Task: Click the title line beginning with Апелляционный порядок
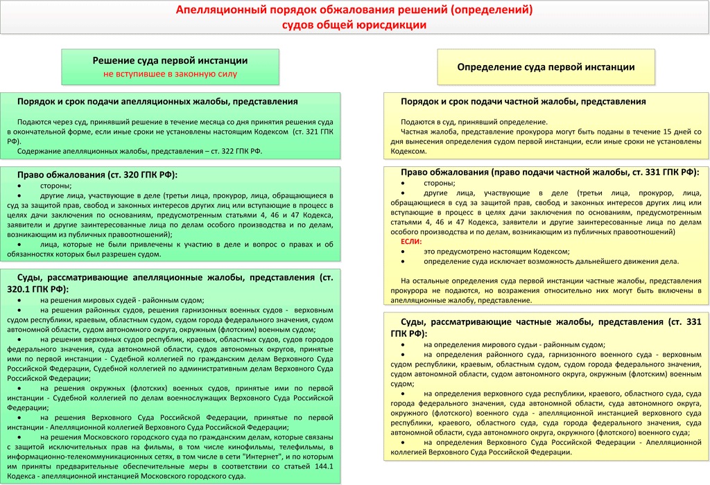[354, 10]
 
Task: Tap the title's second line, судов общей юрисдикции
[354, 25]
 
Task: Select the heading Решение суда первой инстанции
[170, 61]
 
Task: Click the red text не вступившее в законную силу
[170, 73]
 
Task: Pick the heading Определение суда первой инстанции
[546, 67]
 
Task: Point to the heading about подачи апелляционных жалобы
[157, 101]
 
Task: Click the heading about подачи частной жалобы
[523, 101]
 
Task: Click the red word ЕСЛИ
[410, 241]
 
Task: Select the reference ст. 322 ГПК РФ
[231, 150]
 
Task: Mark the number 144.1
[321, 466]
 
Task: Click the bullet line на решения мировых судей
[122, 300]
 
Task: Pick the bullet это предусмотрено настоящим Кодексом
[496, 252]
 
